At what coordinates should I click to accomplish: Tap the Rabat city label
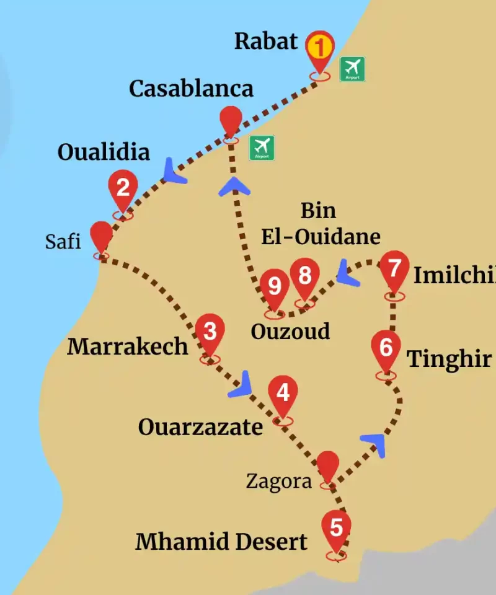pos(266,42)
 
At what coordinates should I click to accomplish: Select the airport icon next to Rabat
pos(352,69)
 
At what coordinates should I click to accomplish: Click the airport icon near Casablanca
pos(262,148)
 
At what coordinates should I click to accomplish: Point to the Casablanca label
pos(191,89)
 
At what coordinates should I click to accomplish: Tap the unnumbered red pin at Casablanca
pos(231,120)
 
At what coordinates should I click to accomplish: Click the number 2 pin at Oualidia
pos(123,188)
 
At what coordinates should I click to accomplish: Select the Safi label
pos(63,241)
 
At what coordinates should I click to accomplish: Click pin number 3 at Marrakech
pos(210,332)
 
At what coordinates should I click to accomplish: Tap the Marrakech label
pos(127,346)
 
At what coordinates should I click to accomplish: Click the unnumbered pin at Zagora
pos(328,466)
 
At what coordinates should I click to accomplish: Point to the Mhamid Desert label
pos(221,542)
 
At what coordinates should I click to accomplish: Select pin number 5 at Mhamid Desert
pos(336,529)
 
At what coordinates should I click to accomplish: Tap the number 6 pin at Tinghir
pos(386,348)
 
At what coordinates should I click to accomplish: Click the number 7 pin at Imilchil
pos(394,270)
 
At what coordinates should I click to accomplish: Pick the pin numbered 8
pos(304,276)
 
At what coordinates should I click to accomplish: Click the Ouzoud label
pos(290,332)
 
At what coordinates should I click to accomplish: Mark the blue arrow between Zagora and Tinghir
pos(374,443)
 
